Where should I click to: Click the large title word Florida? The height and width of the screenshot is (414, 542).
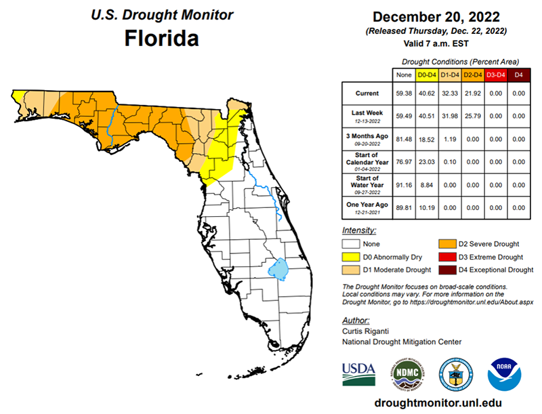tap(162, 38)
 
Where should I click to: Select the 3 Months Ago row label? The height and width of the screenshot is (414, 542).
tap(366, 139)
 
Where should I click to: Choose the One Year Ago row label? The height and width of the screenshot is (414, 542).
tap(366, 204)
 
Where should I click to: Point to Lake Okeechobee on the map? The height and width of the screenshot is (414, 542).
tap(278, 269)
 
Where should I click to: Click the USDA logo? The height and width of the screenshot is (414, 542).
tap(358, 373)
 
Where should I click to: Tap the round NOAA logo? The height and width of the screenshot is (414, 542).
tap(505, 373)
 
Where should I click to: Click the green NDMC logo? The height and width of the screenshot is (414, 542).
tap(406, 373)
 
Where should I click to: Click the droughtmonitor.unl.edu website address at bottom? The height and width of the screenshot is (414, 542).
tap(438, 402)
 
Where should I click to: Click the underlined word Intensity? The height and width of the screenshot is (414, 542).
tap(359, 231)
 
